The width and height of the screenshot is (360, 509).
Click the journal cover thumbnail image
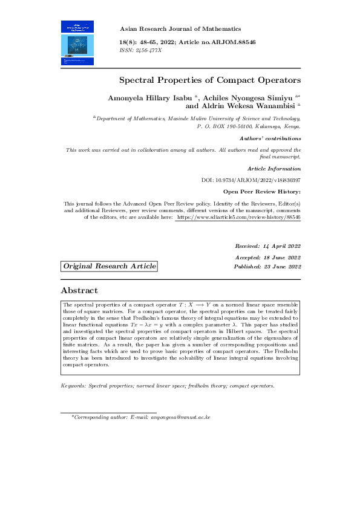click(x=77, y=42)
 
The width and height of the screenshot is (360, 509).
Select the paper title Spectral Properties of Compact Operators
click(x=209, y=80)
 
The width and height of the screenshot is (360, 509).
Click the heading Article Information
click(x=274, y=168)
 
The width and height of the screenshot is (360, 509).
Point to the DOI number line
click(x=250, y=180)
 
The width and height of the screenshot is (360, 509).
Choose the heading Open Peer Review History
click(x=262, y=192)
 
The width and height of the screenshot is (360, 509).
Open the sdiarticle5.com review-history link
click(x=238, y=216)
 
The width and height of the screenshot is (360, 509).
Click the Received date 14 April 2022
click(x=267, y=246)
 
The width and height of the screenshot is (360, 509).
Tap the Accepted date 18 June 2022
click(x=267, y=257)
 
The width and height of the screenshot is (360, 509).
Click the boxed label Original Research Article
click(x=110, y=267)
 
